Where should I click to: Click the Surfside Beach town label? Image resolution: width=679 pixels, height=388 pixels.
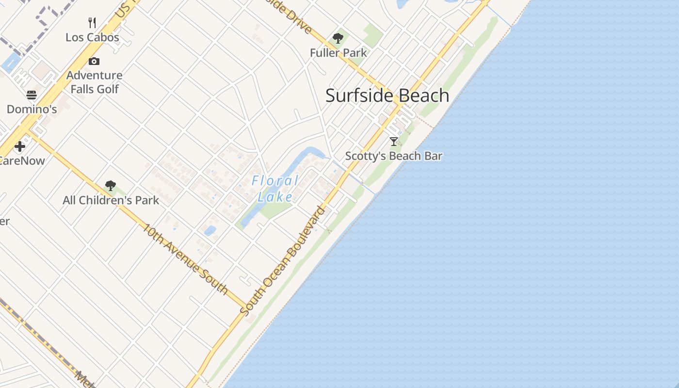[387, 96]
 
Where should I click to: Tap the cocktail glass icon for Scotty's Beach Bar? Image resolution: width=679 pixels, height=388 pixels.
[394, 142]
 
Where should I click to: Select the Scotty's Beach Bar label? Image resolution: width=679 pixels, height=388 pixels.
[394, 156]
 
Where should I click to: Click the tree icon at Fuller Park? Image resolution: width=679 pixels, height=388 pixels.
[338, 38]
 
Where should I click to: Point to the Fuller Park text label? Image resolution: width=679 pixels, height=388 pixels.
[339, 52]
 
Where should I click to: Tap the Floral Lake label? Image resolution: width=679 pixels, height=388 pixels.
[275, 189]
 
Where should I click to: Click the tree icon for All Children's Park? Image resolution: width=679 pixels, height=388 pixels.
[111, 185]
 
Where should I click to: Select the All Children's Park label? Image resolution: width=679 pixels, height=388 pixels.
[111, 200]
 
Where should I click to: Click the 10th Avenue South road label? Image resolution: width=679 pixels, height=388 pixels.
[185, 259]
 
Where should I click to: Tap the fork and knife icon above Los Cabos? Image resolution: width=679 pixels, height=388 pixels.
[92, 22]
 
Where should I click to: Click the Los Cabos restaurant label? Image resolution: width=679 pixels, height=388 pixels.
[92, 37]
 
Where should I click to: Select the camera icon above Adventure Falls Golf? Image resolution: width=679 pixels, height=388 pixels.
[94, 61]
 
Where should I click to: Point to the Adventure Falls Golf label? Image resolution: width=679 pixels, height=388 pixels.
[95, 82]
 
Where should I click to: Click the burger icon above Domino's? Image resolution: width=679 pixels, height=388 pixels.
[32, 95]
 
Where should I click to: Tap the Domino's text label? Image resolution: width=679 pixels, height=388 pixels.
[32, 109]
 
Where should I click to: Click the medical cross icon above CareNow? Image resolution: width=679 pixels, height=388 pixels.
[20, 146]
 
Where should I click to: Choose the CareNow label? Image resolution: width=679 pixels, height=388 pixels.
[22, 161]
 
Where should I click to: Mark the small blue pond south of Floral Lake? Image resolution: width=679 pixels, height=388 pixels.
[210, 230]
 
